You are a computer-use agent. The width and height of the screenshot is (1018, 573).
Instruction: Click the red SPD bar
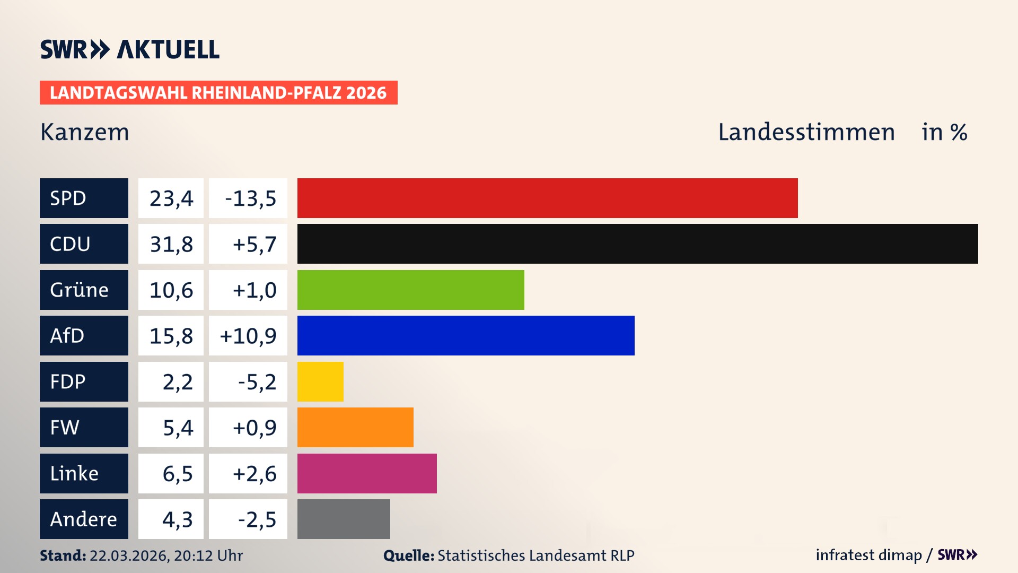[x=547, y=198]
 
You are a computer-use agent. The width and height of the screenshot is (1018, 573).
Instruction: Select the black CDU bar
[x=637, y=244]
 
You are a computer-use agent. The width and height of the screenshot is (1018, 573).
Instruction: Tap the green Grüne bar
[x=410, y=290]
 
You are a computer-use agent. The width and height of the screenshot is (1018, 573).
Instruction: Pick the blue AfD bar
[x=466, y=336]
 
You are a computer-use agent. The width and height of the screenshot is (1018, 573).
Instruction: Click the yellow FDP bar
[x=320, y=381]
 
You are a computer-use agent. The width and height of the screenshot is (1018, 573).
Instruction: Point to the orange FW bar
[x=355, y=428]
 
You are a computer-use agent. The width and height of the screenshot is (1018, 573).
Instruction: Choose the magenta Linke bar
[x=367, y=473]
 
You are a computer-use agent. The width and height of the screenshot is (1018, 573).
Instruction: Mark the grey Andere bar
[x=344, y=519]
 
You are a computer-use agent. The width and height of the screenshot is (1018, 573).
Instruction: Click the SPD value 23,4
[x=171, y=198]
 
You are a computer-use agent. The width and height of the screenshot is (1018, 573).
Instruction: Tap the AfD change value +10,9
[x=248, y=336]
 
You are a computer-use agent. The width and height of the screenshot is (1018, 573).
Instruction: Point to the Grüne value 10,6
[x=171, y=290]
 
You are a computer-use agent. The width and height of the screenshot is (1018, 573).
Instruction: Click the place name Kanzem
[x=85, y=132]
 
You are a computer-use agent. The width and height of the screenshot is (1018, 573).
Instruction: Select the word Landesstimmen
[x=806, y=132]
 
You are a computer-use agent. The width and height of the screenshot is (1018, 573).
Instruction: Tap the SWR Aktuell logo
[x=130, y=49]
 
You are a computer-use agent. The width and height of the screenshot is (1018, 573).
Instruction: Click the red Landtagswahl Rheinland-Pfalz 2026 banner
[x=218, y=93]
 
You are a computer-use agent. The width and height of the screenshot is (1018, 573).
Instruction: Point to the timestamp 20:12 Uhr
[x=208, y=555]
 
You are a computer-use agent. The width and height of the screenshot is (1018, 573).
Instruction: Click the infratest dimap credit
[x=868, y=555]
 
